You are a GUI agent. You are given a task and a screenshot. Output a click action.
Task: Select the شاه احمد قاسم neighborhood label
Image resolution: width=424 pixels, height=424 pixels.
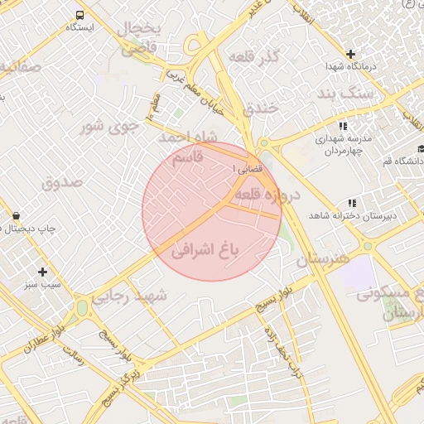click(191, 145)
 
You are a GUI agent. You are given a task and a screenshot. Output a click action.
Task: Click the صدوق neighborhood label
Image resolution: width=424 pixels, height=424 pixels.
click(63, 181)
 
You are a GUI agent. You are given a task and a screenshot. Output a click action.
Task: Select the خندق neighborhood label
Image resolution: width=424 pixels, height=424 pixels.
click(265, 108)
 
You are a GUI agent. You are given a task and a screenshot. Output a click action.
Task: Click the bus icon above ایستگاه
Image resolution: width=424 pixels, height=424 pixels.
click(80, 15)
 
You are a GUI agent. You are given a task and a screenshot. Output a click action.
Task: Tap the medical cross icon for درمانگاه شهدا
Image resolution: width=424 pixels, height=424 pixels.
click(350, 54)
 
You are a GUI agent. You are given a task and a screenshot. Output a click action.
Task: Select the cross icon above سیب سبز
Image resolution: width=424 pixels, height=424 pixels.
click(42, 272)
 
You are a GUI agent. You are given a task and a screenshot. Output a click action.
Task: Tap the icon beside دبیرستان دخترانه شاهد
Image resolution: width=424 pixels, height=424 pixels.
click(352, 202)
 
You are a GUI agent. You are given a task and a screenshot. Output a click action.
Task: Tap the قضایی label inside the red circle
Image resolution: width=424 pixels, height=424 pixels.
click(248, 168)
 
